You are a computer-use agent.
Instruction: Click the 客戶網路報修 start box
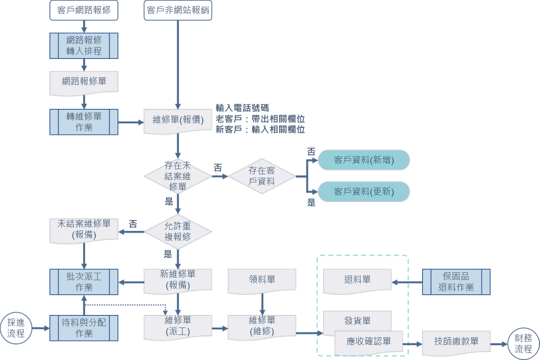84,10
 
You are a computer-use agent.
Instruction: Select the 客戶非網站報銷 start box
178,10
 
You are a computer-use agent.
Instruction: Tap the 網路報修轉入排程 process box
84,45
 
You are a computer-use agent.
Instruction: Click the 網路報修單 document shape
84,81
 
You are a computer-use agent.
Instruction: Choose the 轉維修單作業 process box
84,121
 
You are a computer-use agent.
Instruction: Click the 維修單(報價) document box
178,121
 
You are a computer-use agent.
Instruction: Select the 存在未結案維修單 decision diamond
178,176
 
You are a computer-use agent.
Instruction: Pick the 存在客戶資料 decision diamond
262,176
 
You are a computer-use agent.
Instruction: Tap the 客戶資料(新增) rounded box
364,160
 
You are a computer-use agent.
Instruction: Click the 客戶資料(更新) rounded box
364,192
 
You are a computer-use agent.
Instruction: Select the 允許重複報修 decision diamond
178,232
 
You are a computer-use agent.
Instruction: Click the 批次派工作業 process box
84,282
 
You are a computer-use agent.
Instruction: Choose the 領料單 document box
262,279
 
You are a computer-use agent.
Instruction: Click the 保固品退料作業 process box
456,282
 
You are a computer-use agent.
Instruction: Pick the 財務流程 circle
523,343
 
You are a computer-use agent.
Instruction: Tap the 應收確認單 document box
369,342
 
